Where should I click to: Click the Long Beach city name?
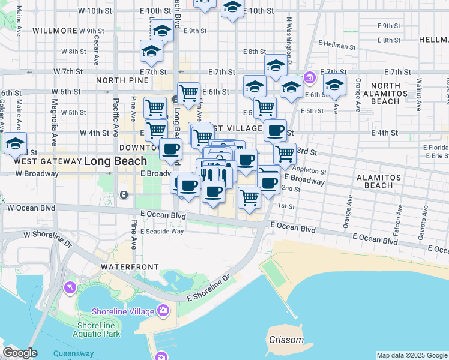point(115,161)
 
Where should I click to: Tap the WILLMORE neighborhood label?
point(55,31)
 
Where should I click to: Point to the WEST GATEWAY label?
point(47,161)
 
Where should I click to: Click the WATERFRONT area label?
point(130,266)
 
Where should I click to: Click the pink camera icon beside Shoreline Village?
point(163,310)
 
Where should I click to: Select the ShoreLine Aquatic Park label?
point(97,329)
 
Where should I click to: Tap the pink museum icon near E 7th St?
point(309,77)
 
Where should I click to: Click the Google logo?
point(20,353)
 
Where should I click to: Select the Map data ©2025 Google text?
point(412,355)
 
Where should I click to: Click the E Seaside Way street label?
point(162,231)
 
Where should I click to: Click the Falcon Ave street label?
point(399,219)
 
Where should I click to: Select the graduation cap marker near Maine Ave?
point(15,143)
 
